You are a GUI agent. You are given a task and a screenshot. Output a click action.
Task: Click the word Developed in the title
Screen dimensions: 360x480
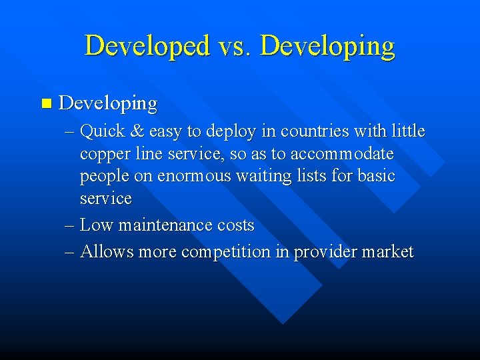coord(146,46)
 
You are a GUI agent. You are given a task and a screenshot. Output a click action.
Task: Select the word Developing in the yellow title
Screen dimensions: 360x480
coord(327,46)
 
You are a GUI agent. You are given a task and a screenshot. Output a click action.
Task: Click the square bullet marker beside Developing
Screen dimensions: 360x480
coord(45,103)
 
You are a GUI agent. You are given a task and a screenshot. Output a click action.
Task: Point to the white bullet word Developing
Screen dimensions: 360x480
coord(108,104)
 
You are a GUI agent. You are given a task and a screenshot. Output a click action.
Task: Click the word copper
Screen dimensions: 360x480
coord(103,155)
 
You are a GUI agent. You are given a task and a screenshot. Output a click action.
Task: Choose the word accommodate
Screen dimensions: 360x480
coord(342,154)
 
